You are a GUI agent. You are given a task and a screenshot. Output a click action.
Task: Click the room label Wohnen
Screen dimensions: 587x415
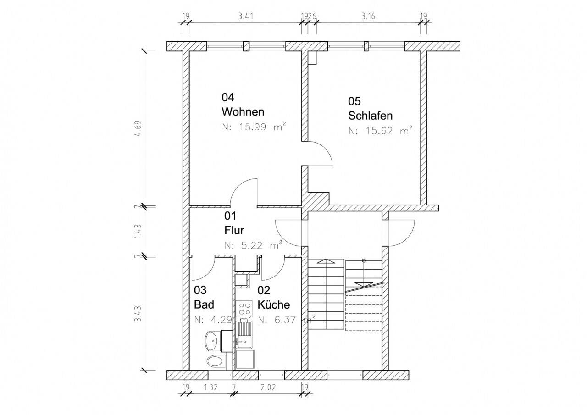tap(243, 112)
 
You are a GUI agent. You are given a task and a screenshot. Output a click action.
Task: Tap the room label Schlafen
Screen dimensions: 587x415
tap(370, 116)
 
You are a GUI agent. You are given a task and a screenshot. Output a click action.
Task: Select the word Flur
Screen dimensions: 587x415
tap(234, 230)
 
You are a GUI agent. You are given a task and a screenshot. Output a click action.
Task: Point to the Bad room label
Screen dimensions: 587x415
tap(204, 304)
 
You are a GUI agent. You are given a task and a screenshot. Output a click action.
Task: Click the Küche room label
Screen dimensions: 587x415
tap(274, 304)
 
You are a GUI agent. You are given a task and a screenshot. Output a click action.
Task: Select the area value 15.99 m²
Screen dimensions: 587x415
tap(254, 127)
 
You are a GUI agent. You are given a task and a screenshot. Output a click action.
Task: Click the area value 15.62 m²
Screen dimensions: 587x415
tap(380, 131)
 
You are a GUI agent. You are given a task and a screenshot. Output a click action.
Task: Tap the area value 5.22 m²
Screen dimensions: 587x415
tap(254, 245)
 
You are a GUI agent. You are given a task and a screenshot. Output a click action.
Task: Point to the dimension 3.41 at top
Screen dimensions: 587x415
tap(245, 16)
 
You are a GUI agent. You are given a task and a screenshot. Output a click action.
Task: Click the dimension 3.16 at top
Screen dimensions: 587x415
tap(368, 16)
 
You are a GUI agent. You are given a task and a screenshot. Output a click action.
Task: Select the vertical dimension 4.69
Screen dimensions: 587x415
tap(138, 128)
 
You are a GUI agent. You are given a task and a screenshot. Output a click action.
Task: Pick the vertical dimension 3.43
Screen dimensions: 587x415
tap(138, 314)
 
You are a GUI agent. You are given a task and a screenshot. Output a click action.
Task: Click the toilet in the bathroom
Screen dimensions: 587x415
tap(216, 361)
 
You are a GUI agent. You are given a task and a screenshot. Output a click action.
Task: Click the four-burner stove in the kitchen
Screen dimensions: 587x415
tap(244, 308)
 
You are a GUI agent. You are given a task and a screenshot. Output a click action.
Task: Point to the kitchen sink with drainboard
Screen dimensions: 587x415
tap(245, 335)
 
